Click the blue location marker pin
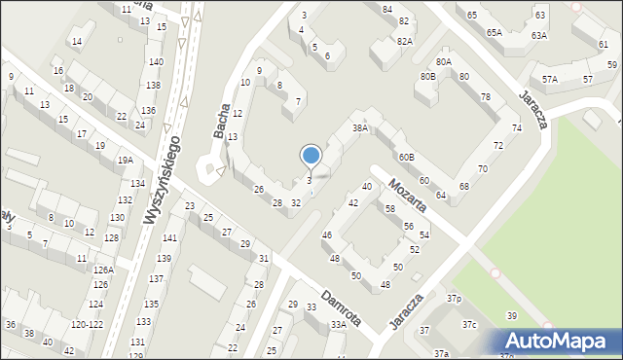(x=311, y=157)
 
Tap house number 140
(x=156, y=61)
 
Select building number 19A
(x=125, y=161)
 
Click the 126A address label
(x=103, y=270)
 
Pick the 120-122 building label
(x=88, y=324)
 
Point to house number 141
(x=169, y=238)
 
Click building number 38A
(x=361, y=127)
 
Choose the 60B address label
(x=406, y=157)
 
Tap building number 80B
(x=427, y=76)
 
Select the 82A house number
(x=405, y=41)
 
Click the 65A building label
(x=495, y=32)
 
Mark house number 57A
(x=550, y=79)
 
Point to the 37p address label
(x=454, y=298)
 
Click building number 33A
(x=338, y=325)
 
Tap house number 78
(x=485, y=96)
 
